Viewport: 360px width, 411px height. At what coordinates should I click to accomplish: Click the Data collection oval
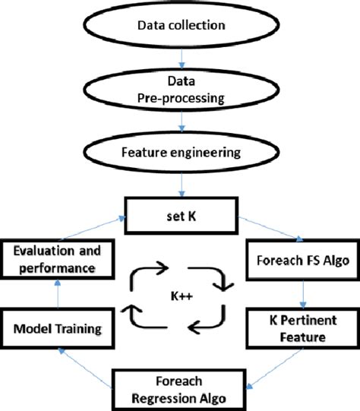point(180,26)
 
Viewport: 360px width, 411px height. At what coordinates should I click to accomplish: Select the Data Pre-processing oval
point(180,90)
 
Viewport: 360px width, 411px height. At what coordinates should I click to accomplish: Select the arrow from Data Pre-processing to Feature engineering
point(180,122)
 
